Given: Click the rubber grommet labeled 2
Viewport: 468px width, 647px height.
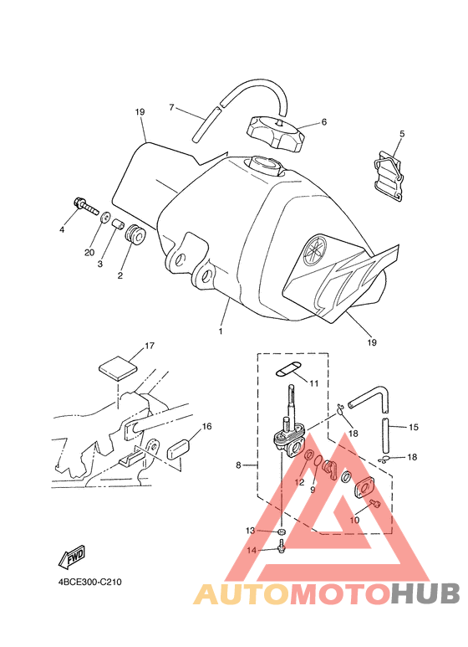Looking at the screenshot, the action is tap(135, 235).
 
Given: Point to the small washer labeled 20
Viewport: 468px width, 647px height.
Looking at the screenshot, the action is tap(105, 217).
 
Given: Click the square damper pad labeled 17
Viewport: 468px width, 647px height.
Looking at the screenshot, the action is tap(118, 367).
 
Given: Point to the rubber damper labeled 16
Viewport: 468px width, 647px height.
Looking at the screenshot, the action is tap(177, 449).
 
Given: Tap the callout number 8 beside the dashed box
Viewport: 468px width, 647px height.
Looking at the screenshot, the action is tap(238, 465).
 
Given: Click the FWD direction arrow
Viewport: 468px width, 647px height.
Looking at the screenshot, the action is tap(72, 556).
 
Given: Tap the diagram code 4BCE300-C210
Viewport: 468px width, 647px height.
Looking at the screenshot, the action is tap(89, 583).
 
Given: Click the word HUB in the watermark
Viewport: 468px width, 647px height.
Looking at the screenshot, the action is tap(425, 594).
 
